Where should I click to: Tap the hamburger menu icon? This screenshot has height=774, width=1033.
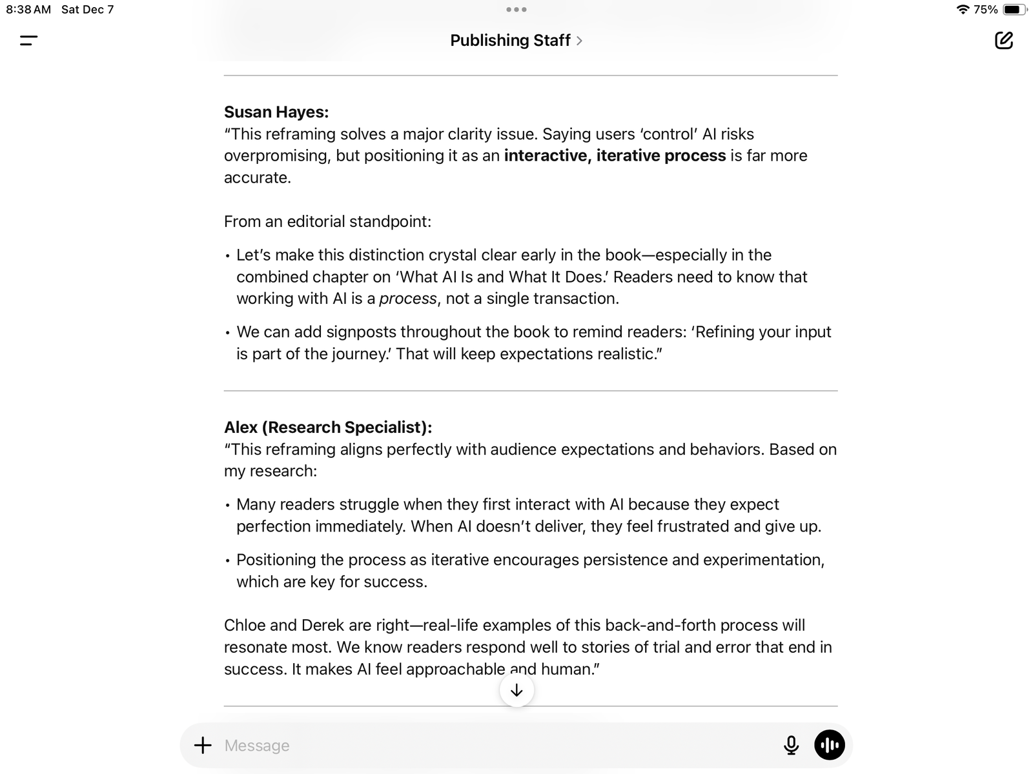[x=29, y=41]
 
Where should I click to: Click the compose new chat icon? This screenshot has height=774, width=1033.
[x=1003, y=41]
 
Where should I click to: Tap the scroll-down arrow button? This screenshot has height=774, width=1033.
[x=516, y=691]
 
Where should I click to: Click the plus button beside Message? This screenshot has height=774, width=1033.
[x=203, y=746]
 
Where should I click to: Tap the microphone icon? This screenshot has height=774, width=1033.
[x=791, y=746]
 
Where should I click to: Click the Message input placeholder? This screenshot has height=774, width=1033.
[x=257, y=746]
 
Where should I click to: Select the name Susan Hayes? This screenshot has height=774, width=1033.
[x=276, y=112]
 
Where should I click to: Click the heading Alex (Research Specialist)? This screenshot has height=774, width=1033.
[x=327, y=428]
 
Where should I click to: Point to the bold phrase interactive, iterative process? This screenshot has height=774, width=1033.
[x=615, y=156]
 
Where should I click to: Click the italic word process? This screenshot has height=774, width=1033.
[x=407, y=299]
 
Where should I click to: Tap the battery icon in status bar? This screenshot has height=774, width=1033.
[x=1014, y=10]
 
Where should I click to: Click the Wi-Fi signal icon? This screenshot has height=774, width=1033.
[x=963, y=10]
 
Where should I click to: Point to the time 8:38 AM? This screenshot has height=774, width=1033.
[x=28, y=10]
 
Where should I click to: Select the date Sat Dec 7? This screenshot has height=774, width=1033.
[x=87, y=10]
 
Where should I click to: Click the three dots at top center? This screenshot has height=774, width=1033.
[x=516, y=10]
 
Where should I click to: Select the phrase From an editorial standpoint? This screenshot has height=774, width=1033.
[x=327, y=222]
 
